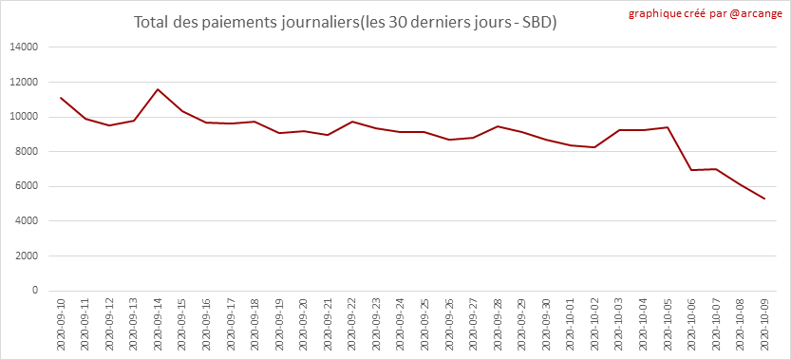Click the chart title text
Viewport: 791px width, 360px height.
[345, 23]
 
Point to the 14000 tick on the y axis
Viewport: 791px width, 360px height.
[26, 47]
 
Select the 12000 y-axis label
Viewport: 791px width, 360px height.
[26, 82]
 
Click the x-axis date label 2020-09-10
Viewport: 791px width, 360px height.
[61, 323]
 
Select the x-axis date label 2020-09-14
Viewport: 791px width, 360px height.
[158, 323]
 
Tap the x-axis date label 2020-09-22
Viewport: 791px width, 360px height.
[352, 323]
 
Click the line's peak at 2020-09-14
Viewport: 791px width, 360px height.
[158, 89]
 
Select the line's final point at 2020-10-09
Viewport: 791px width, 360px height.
[765, 199]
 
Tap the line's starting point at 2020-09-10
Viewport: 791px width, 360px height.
[61, 98]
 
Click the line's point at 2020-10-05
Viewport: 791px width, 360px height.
[669, 127]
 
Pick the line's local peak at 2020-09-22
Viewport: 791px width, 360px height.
[352, 122]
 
